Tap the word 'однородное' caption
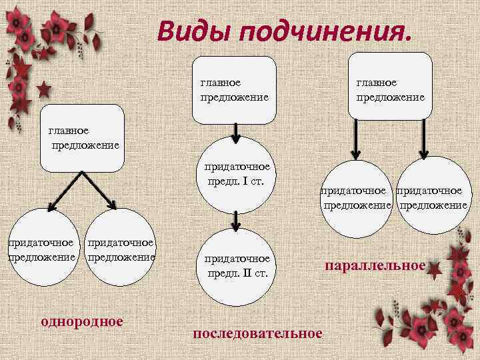pos(82,321)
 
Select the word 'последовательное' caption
pos(257,332)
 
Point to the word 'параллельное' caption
pos(375,266)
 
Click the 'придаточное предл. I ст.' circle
pos(237,174)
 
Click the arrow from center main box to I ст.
pos(235,134)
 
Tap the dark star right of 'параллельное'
pos(434,269)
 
